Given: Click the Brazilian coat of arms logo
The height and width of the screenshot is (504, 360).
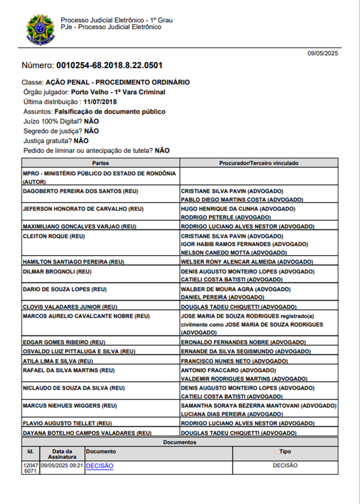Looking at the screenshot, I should [x=40, y=30].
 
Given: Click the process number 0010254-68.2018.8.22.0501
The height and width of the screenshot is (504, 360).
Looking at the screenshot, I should [x=109, y=66].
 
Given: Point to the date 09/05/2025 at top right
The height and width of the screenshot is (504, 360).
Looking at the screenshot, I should [x=323, y=53].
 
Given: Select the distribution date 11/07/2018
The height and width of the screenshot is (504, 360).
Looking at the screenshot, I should [x=100, y=102].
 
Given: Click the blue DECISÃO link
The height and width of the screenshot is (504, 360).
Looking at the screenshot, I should [x=100, y=466].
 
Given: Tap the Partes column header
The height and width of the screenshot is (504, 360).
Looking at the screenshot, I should [x=100, y=163].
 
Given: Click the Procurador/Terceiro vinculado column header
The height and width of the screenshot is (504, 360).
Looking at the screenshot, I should [x=259, y=163].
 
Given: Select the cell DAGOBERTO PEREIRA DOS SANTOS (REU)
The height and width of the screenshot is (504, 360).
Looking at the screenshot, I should [x=81, y=191].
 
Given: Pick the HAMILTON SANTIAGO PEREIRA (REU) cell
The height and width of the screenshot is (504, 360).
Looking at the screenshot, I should [x=73, y=262].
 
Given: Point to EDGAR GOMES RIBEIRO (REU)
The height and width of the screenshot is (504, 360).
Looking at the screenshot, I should [x=64, y=342].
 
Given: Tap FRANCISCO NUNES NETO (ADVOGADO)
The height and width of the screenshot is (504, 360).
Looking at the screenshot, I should [x=234, y=361].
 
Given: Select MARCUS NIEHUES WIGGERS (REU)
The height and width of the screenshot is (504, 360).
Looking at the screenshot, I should [x=70, y=406].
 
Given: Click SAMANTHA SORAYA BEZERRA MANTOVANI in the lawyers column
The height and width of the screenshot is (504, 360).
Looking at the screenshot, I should [x=240, y=406].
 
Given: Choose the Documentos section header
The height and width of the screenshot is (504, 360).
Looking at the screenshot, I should [x=180, y=442].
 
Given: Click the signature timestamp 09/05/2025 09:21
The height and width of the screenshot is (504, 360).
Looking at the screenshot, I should [x=62, y=465].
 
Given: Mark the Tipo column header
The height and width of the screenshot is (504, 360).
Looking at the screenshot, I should [x=285, y=451].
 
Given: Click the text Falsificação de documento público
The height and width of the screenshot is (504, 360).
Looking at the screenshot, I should [x=110, y=112].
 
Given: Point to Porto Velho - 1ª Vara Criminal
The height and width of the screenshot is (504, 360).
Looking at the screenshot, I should [x=118, y=92].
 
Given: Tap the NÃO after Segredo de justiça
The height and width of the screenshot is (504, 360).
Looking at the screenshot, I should [x=91, y=131].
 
